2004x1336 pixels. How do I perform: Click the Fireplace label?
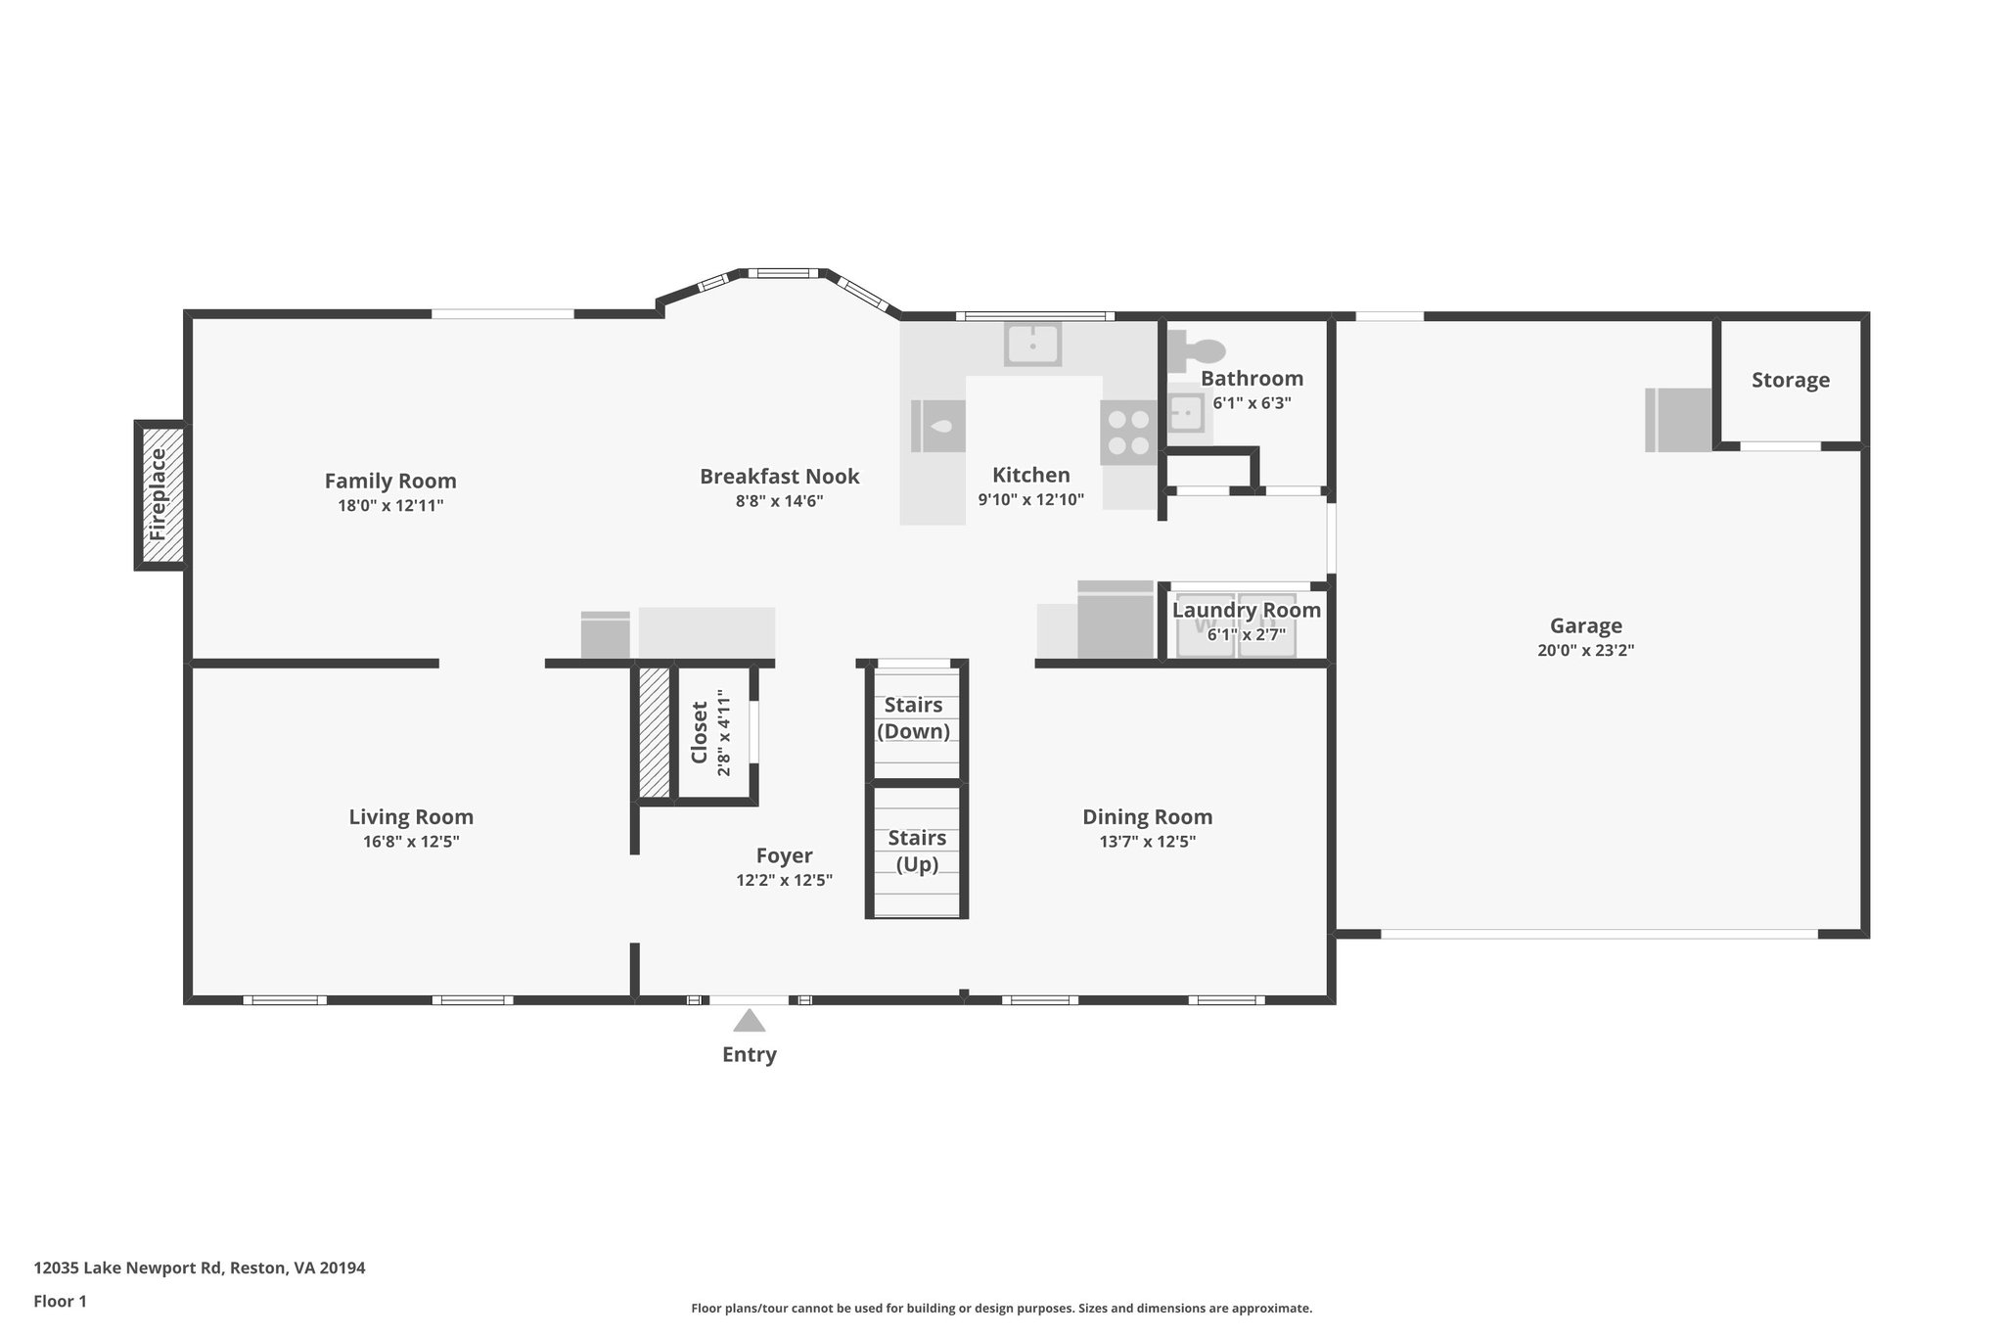point(159,495)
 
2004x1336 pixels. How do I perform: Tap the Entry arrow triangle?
point(750,1021)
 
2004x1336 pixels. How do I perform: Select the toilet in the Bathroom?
point(1197,349)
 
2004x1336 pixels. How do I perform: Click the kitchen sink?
point(1032,345)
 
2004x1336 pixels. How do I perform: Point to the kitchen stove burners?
point(1128,433)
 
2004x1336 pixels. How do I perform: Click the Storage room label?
point(1791,380)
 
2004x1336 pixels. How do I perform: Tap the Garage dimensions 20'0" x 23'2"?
point(1586,650)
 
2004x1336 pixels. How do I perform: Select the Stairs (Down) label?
point(914,718)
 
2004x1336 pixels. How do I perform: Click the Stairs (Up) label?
point(918,852)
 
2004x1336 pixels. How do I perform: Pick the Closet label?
point(699,732)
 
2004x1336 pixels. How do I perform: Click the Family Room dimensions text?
point(391,506)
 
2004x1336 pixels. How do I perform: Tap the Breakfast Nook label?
point(780,477)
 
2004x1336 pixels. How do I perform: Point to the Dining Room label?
point(1148,817)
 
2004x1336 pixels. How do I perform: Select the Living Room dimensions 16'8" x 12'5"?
point(411,842)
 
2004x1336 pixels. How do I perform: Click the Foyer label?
point(785,856)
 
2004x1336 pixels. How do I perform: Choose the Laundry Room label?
point(1247,611)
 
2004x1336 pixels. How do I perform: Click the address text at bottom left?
point(200,1268)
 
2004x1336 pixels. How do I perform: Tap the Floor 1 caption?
point(61,1302)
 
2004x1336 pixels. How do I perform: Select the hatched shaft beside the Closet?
point(655,731)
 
